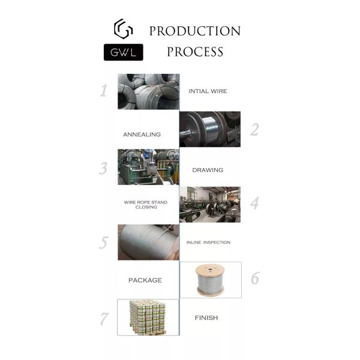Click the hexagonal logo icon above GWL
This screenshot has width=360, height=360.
coord(123,29)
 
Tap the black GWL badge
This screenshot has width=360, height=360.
coord(123,52)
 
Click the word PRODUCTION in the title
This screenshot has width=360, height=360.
coord(195,31)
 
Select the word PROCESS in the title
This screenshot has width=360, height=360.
coord(195,52)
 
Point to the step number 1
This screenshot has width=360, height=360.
coord(104,91)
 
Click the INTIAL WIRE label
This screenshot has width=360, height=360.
coord(208,91)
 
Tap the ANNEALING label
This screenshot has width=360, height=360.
coord(142,134)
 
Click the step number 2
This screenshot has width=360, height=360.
coord(254,130)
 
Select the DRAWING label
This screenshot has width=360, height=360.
coord(208,170)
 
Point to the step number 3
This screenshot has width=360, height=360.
coord(103,168)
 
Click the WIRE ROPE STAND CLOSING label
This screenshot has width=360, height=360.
coord(146,205)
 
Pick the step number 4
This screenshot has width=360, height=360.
coord(254,203)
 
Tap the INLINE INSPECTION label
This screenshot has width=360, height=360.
coord(208,242)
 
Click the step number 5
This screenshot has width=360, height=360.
coord(104,242)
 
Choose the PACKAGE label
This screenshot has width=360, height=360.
coord(145,280)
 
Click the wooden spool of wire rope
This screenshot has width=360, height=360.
coord(210,280)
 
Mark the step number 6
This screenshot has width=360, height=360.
coord(255,278)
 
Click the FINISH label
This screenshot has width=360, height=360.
coord(206,318)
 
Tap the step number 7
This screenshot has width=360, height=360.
coord(104,319)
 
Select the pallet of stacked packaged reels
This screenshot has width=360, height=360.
coord(148,317)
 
